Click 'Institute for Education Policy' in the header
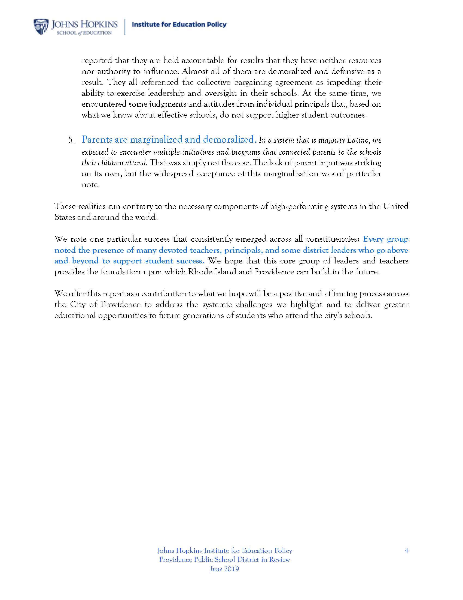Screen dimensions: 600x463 179,25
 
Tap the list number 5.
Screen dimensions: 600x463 71,140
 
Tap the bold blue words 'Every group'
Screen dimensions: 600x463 386,239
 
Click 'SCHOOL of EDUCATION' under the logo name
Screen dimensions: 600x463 84,33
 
